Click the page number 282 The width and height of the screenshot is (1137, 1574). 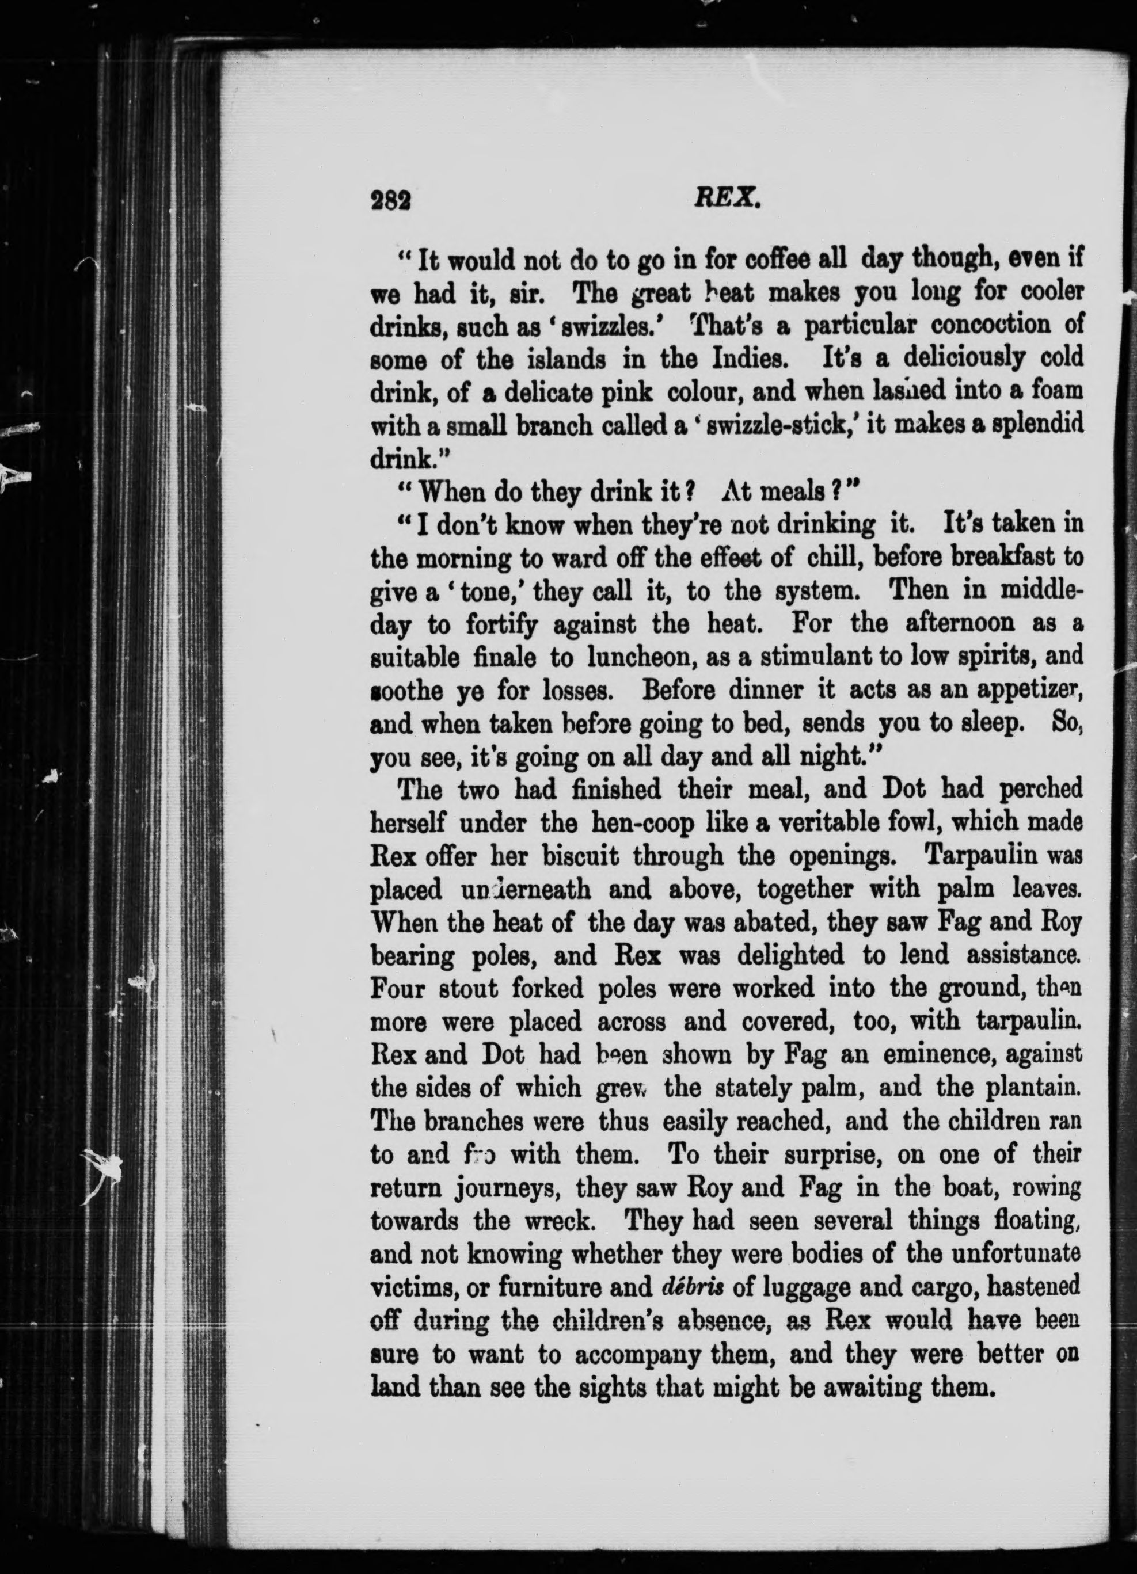click(x=392, y=201)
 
